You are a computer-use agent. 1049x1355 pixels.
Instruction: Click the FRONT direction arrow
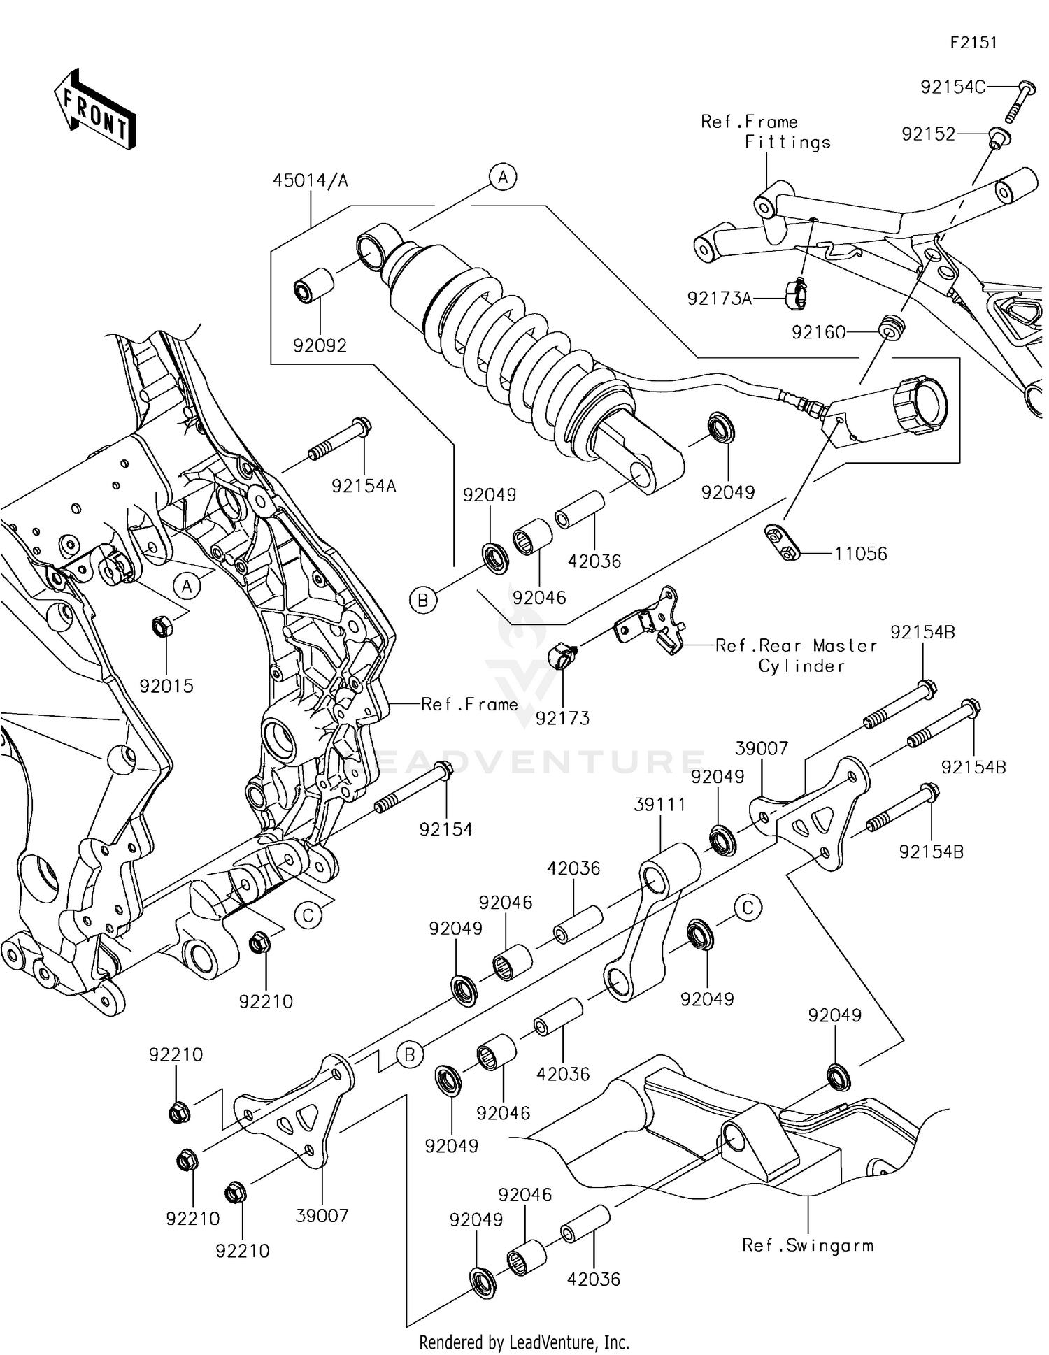(x=94, y=110)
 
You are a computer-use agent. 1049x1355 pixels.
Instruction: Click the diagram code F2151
(x=973, y=43)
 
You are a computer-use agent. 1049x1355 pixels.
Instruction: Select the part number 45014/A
(x=310, y=180)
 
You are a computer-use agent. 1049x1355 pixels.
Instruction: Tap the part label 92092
(x=320, y=346)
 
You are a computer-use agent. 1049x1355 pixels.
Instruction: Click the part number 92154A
(x=364, y=486)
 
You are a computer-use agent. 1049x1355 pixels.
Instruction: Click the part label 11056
(x=860, y=554)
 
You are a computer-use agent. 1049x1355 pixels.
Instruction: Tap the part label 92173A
(x=719, y=299)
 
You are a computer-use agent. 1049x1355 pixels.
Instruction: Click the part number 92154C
(x=952, y=87)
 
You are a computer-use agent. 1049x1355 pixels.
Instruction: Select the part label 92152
(x=928, y=134)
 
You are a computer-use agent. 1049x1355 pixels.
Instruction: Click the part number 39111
(x=659, y=805)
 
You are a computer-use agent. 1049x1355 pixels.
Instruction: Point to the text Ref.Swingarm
(x=807, y=1245)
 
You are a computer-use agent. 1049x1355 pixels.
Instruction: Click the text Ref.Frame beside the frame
(x=469, y=704)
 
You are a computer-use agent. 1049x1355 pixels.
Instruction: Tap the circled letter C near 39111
(x=748, y=908)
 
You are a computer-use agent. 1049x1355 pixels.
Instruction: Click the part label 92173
(x=562, y=718)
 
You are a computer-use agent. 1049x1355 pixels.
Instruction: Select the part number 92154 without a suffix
(x=445, y=829)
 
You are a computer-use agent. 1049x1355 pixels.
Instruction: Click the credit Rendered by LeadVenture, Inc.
(x=524, y=1342)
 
